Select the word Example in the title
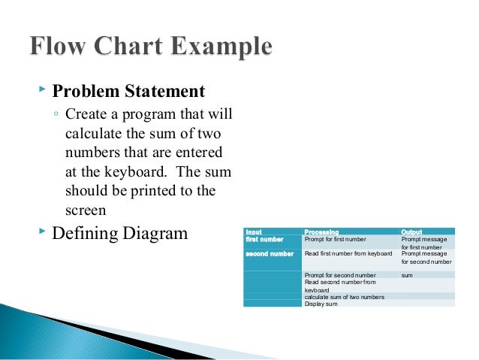[224, 47]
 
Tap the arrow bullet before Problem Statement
[41, 91]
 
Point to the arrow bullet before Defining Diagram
[41, 232]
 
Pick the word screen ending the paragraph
[84, 210]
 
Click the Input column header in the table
[255, 231]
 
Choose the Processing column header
[321, 231]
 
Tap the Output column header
[412, 231]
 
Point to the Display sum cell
[321, 303]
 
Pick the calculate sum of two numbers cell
[344, 297]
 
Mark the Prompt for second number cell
[339, 275]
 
